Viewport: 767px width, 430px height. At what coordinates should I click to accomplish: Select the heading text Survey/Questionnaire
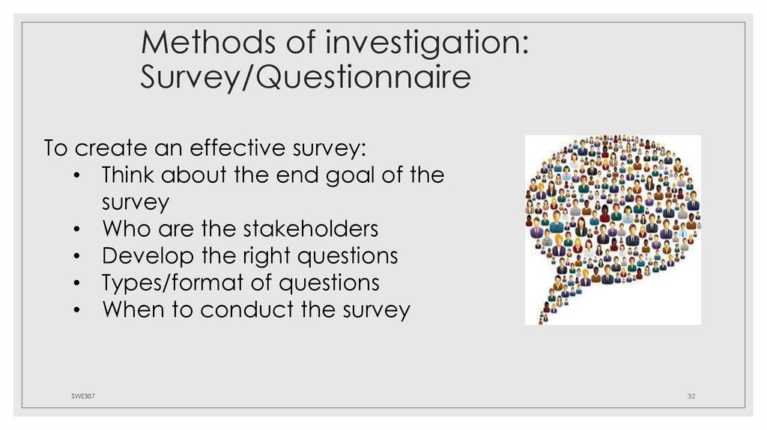tap(306, 78)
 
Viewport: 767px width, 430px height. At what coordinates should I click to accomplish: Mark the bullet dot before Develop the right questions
tap(79, 257)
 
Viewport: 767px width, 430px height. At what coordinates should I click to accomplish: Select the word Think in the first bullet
tap(127, 175)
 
